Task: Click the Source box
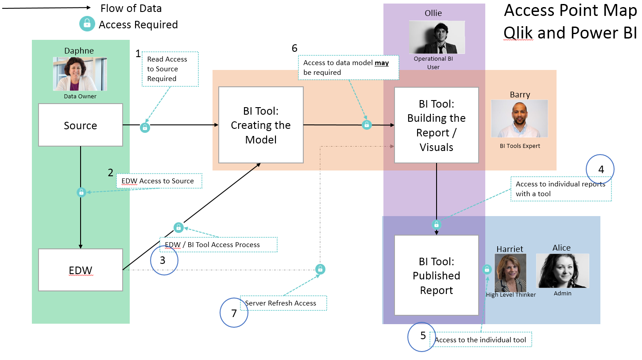tap(80, 125)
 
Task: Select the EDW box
tap(80, 270)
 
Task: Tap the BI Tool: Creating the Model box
tap(261, 125)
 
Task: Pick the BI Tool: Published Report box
tap(437, 275)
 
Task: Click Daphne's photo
tap(80, 74)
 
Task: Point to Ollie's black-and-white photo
tap(437, 37)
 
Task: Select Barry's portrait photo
tap(519, 118)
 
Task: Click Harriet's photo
tap(510, 272)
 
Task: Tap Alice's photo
tap(562, 271)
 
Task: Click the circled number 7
tap(234, 313)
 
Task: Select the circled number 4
tap(600, 169)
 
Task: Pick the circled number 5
tap(422, 337)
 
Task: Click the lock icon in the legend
tap(87, 24)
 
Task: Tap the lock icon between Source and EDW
tap(81, 192)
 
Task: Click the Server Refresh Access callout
tap(283, 303)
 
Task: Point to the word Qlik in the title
tap(518, 33)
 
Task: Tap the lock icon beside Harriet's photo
tap(487, 269)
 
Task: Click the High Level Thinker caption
tap(511, 295)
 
